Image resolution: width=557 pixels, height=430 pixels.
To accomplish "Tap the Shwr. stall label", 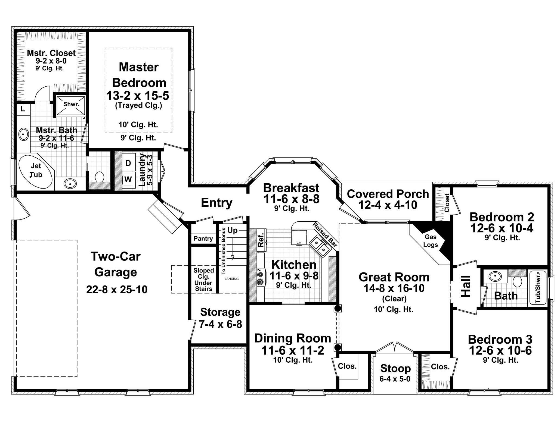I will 71,104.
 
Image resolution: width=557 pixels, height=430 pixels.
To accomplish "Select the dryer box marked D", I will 128,163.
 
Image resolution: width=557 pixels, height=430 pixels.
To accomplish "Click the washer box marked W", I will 128,179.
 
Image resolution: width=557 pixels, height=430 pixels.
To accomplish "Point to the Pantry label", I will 203,238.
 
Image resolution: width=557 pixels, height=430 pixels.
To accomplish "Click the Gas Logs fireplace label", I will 431,241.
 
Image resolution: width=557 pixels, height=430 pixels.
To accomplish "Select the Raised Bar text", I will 325,234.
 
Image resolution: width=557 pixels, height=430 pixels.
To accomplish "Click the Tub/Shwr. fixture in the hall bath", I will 538,287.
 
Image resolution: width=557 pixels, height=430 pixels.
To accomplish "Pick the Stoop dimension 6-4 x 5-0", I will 395,379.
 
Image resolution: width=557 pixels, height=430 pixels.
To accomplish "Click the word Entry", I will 216,203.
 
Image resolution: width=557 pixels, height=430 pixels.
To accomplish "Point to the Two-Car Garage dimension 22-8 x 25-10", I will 117,290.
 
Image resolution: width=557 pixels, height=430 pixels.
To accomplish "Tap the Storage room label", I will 220,312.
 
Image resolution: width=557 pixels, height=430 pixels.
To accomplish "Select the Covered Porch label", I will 388,194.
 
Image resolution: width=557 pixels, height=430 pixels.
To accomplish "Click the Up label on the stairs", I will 232,230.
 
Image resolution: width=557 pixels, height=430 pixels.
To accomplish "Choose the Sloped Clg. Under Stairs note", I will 203,280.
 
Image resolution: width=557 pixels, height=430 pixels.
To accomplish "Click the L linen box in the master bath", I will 23,109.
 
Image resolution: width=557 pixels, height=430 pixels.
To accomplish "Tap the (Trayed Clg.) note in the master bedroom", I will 138,105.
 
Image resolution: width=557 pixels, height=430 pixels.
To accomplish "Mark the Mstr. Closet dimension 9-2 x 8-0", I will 51,61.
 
